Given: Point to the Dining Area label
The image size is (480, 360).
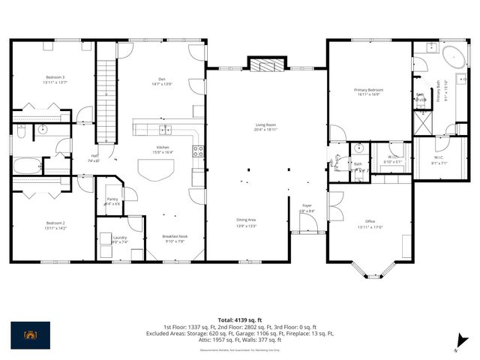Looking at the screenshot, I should click(x=247, y=221).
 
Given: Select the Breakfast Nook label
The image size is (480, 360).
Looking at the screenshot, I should click(x=175, y=238).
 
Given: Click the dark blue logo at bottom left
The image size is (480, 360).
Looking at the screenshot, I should click(x=31, y=334).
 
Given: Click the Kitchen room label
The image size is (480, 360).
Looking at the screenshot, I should click(x=163, y=148).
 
